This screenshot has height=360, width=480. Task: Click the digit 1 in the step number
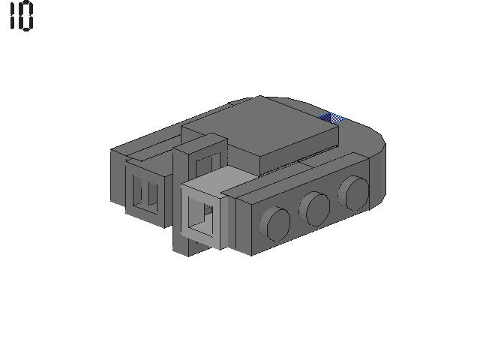pyautogui.click(x=13, y=16)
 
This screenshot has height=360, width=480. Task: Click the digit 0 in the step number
pyautogui.click(x=26, y=16)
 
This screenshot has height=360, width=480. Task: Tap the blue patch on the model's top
pyautogui.click(x=332, y=118)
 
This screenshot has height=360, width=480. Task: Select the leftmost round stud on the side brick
pyautogui.click(x=275, y=223)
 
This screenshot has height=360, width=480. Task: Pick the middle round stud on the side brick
pyautogui.click(x=315, y=208)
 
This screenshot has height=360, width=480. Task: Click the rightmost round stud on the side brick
pyautogui.click(x=353, y=193)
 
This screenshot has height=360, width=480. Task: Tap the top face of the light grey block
pyautogui.click(x=219, y=181)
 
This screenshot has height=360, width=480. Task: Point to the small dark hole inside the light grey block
pyautogui.click(x=208, y=210)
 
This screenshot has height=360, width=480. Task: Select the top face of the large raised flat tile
pyautogui.click(x=260, y=126)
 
